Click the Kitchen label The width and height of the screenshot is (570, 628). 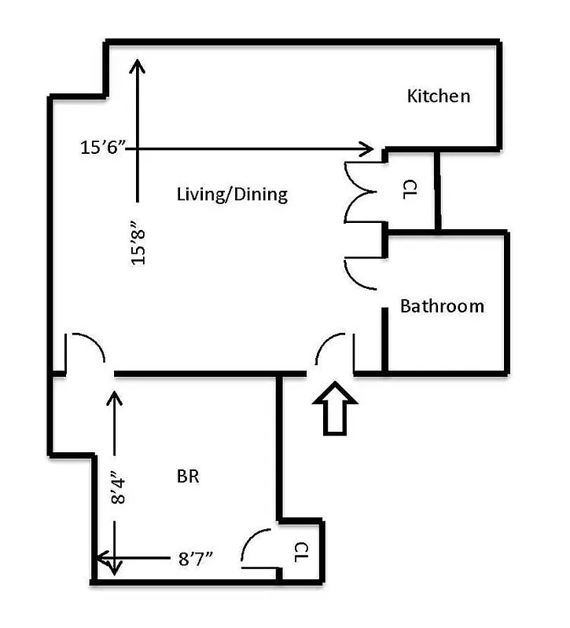[x=438, y=97]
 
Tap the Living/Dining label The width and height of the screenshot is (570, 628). [x=232, y=194]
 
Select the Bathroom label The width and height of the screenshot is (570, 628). [x=442, y=306]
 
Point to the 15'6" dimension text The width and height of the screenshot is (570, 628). [x=103, y=148]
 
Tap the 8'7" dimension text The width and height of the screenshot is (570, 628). [x=197, y=559]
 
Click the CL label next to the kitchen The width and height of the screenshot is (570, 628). [x=409, y=189]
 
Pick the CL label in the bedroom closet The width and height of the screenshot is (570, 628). [x=302, y=552]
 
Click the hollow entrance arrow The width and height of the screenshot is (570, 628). [x=335, y=407]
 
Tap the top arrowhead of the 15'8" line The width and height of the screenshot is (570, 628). [x=138, y=65]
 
